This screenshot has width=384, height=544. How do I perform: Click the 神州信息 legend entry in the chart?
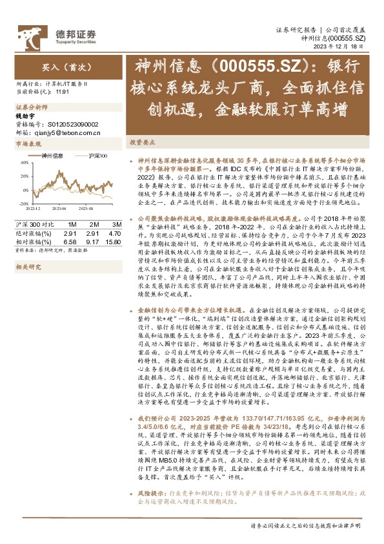pyautogui.click(x=52, y=156)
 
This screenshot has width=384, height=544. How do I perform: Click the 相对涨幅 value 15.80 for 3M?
pyautogui.click(x=112, y=242)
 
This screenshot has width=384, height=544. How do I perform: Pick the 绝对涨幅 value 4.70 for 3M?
pyautogui.click(x=114, y=233)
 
